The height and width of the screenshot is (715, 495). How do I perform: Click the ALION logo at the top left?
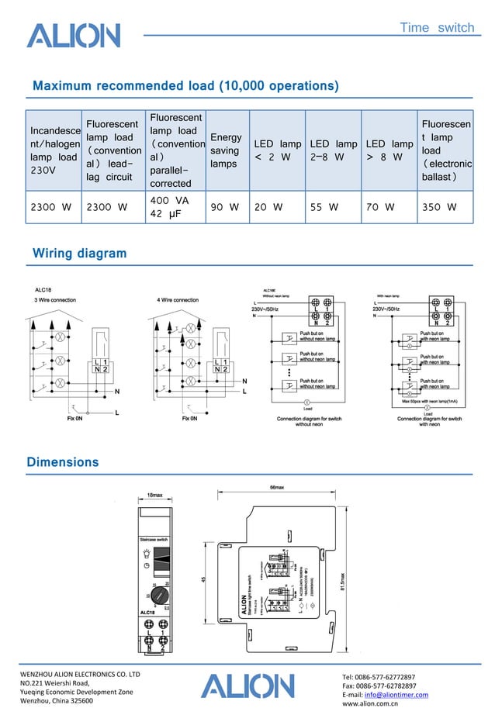[74, 36]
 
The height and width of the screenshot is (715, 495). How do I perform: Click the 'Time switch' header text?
[436, 28]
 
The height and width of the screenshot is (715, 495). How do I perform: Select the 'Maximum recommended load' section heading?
[185, 85]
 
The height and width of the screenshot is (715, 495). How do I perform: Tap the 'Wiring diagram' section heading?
[79, 254]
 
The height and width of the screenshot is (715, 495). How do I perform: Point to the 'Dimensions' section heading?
[63, 462]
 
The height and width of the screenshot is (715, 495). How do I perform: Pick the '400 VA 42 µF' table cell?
[169, 207]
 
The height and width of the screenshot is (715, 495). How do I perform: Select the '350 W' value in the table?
[438, 207]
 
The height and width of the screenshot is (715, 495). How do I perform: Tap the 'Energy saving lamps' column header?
[226, 150]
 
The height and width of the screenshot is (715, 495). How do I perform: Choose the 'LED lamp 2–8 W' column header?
[333, 150]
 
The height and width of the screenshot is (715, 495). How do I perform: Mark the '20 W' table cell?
[268, 207]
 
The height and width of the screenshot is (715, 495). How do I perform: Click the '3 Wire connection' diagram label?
[55, 300]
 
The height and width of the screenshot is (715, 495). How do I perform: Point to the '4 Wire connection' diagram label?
[178, 300]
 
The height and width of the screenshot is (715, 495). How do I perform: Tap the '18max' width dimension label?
[155, 495]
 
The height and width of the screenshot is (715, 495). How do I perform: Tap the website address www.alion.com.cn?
[377, 704]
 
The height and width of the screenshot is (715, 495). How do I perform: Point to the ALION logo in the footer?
[247, 686]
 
